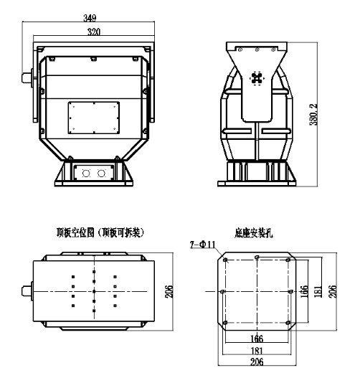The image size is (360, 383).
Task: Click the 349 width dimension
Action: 90,18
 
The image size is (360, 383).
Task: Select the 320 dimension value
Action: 94,32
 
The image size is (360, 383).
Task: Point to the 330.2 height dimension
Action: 313,115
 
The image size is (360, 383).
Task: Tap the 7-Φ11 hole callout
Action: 202,245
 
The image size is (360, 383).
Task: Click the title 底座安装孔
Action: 254,233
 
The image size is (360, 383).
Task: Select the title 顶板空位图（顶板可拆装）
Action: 100,232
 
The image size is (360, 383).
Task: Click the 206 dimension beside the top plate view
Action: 169,291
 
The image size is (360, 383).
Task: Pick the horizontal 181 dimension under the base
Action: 257,351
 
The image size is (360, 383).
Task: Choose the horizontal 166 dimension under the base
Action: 257,339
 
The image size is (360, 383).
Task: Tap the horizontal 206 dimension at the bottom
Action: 257,361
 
